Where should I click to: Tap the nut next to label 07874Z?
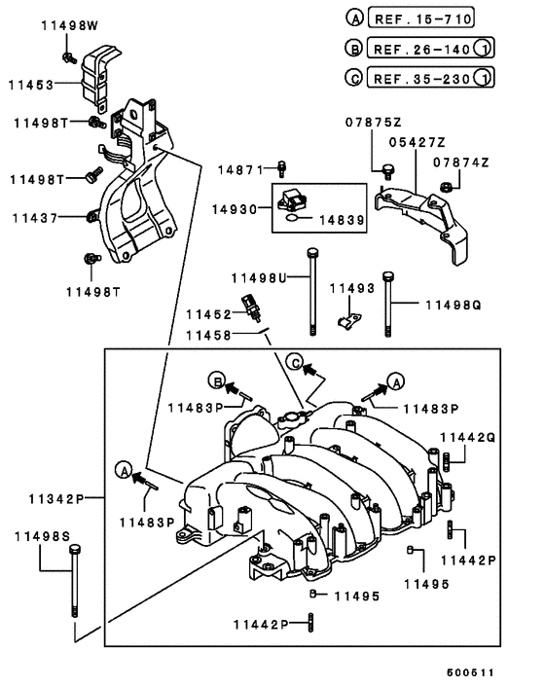point(445,185)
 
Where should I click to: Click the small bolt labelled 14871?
point(281,167)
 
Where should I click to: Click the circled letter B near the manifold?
point(219,379)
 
